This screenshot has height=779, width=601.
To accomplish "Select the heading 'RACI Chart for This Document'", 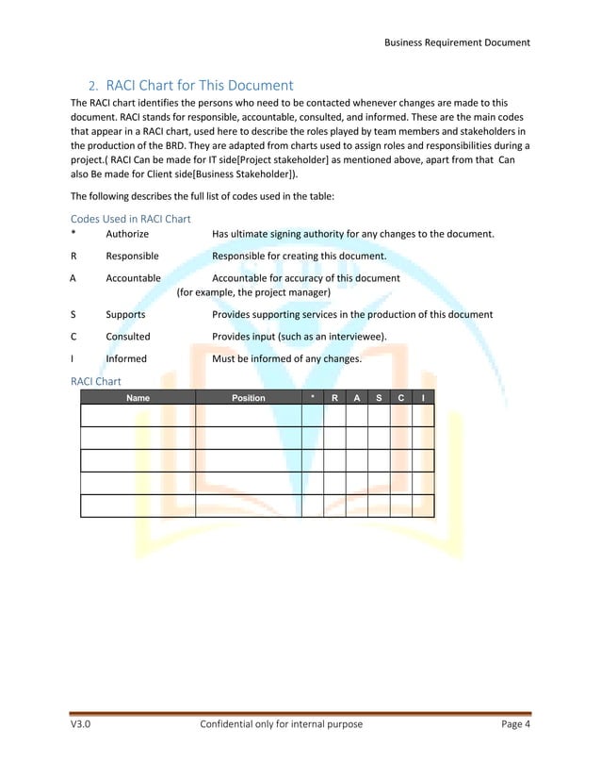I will point(200,85).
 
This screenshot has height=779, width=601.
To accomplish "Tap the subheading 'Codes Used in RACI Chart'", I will point(131,219).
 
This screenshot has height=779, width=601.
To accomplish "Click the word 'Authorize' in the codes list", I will point(127,234).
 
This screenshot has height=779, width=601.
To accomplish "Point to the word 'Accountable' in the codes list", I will point(133,278).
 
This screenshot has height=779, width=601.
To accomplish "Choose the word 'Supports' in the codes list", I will point(125,314).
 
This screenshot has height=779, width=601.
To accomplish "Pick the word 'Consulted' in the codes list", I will point(128,337).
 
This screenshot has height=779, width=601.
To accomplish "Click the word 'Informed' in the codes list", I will point(127,359).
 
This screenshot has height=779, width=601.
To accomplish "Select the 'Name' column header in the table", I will point(138,398).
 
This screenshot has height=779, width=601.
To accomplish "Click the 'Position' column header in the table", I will point(249,398).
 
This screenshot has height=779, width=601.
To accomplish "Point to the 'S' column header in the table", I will point(378,398).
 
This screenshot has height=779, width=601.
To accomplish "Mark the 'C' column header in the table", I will point(400,398).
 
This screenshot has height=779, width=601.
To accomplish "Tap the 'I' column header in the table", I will point(423,398).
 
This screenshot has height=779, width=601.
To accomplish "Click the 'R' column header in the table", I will point(334,398).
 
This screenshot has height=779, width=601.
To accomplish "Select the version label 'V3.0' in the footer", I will point(81,724).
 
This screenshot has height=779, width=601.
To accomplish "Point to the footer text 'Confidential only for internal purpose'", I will point(282,724).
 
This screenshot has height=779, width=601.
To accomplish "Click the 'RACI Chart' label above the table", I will point(96,381).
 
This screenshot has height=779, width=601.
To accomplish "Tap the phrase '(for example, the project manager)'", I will point(253,292).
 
